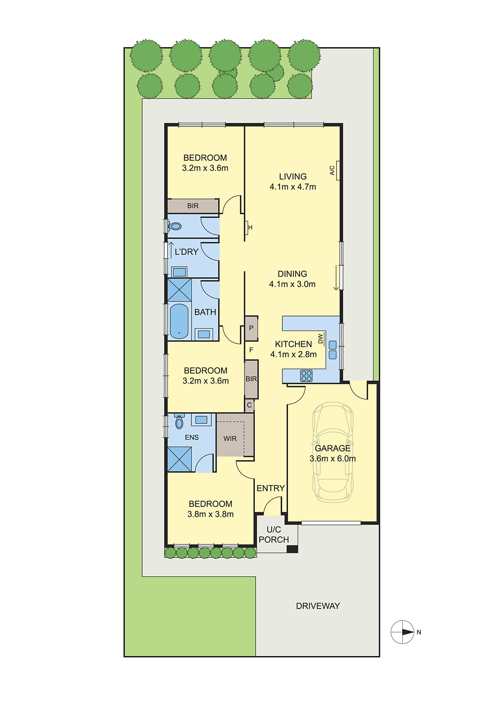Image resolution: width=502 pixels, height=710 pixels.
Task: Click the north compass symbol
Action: pos(403,632)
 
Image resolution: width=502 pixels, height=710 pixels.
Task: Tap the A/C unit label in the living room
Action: pos(332,170)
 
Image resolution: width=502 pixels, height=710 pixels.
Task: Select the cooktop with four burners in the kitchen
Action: pos(306,376)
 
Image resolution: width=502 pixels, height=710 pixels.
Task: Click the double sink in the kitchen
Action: pos(332,350)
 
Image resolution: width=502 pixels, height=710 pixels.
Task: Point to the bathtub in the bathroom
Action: pos(179,321)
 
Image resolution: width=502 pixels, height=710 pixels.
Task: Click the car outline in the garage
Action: pos(333,453)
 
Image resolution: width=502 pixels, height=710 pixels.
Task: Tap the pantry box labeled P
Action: pos(251,328)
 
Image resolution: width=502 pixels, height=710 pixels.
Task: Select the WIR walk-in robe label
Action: pos(230,438)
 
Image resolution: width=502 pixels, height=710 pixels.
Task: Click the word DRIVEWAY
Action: pos(318,606)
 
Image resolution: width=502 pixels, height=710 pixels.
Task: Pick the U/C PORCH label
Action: pos(274,535)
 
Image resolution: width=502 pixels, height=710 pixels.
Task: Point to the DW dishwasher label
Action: pos(320,339)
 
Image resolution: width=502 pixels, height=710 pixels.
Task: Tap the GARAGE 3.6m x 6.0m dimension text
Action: pos(332,458)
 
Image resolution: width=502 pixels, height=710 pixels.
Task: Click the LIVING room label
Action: pos(293,177)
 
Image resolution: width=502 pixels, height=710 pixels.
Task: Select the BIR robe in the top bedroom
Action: pos(193,206)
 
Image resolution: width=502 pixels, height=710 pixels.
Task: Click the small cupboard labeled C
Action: pos(249,405)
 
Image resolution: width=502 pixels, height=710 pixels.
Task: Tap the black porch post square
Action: pos(292,549)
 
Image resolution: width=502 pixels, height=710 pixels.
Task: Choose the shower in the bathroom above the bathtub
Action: pos(179,290)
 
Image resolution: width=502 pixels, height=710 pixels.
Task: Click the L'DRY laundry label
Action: pos(186,252)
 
